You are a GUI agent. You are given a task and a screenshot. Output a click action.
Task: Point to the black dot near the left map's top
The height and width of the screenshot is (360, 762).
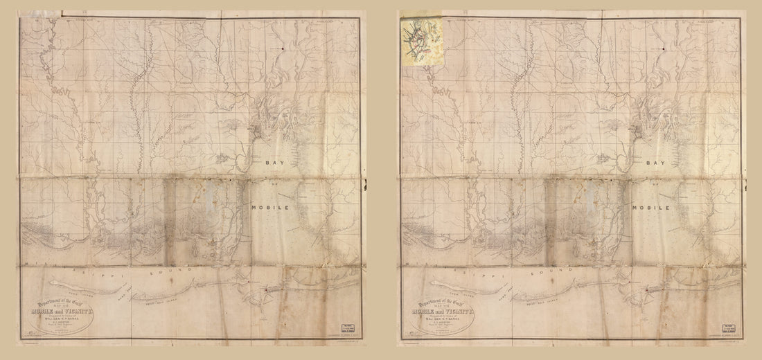[x=283, y=48]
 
